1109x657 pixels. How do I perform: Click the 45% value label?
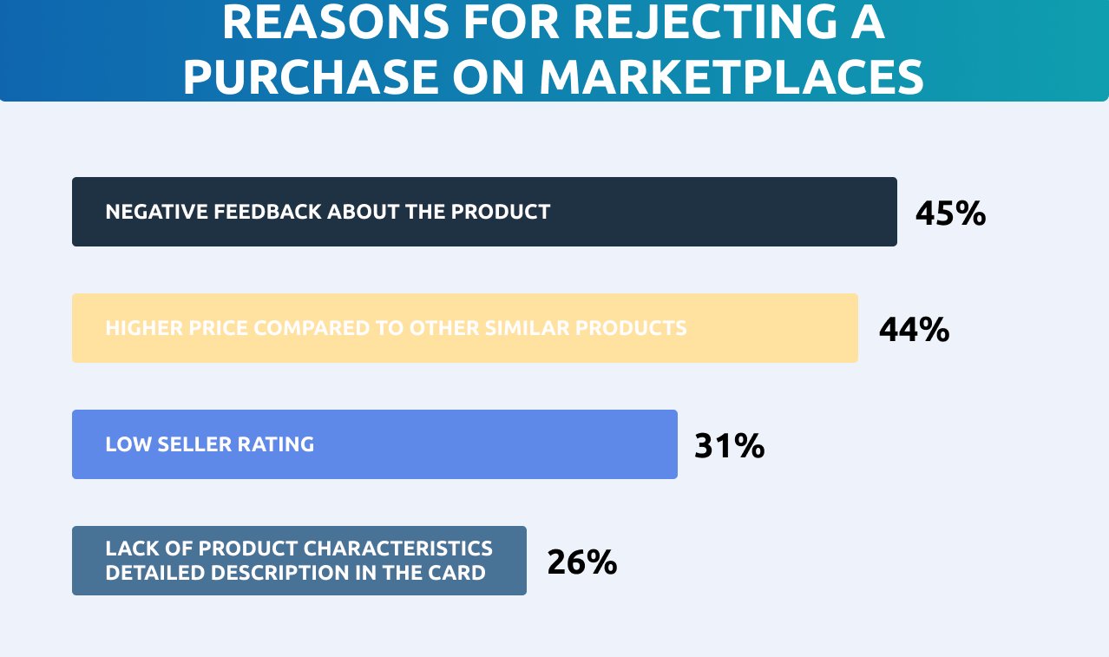pyautogui.click(x=950, y=214)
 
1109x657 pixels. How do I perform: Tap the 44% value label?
pyautogui.click(x=914, y=330)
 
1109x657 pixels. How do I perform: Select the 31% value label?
pyautogui.click(x=729, y=446)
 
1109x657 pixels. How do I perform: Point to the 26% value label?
pyautogui.click(x=581, y=562)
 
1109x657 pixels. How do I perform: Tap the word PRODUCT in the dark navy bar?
pyautogui.click(x=500, y=212)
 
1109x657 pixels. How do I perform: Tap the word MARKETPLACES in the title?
pyautogui.click(x=731, y=78)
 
